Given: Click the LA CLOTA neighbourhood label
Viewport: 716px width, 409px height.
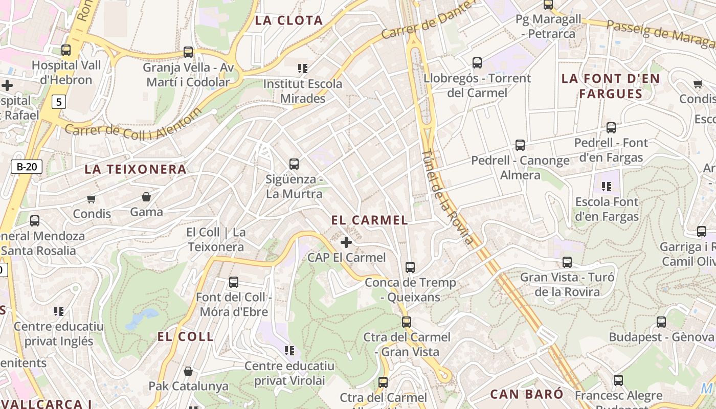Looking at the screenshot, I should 289,20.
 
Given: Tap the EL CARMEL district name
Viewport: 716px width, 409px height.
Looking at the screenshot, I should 369,220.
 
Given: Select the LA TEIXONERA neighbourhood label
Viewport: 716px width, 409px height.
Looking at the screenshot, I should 136,169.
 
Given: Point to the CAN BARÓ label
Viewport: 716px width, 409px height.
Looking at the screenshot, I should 527,394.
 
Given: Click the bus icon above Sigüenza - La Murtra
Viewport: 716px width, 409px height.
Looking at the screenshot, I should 294,164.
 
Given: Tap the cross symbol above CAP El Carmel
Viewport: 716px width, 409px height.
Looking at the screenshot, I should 346,242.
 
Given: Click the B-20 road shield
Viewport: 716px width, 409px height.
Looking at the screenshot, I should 27,166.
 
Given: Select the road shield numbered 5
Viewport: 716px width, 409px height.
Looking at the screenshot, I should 59,102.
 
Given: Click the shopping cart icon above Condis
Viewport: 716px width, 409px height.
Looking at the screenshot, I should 91,199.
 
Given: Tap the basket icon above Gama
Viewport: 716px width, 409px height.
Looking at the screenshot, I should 146,197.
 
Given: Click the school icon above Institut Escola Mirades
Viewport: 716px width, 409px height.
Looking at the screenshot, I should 302,68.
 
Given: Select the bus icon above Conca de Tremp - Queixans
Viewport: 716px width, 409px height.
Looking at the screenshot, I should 410,267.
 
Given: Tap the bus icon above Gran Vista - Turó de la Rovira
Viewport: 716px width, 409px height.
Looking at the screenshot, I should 567,262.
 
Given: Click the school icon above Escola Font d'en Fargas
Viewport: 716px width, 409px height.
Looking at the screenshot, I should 607,186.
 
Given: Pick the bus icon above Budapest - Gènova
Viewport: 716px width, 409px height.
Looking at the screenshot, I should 661,322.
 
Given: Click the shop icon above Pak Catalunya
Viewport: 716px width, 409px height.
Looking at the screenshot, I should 188,371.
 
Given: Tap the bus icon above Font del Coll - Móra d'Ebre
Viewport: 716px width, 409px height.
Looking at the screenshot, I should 234,282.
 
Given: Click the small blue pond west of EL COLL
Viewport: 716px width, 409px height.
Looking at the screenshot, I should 137,318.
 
